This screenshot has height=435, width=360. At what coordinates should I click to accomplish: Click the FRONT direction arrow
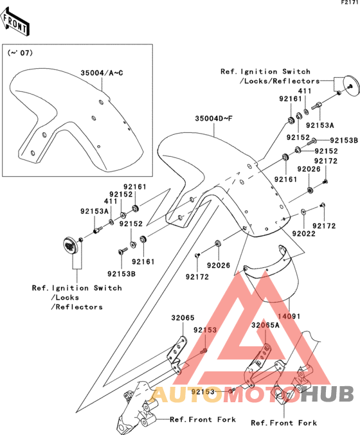coord(14,22)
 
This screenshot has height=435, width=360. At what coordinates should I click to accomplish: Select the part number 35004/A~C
coord(102,73)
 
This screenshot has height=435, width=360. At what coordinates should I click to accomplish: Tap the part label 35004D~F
coord(213,118)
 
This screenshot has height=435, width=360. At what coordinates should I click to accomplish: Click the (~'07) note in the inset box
coord(20,53)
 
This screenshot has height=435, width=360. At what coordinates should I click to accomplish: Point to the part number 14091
coord(289,316)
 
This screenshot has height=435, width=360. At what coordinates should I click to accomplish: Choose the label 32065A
coord(265,325)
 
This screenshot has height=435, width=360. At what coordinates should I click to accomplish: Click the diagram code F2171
coord(350,3)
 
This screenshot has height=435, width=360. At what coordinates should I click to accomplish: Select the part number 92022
coord(303,234)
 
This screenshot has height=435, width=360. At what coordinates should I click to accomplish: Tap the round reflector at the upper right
coord(352,86)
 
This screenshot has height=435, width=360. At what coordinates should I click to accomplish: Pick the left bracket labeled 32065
coord(177,355)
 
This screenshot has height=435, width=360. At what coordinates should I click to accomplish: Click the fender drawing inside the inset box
coord(76,120)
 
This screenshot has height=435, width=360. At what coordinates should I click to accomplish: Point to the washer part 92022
coord(303,212)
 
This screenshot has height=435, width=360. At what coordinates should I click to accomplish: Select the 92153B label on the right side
coord(344,140)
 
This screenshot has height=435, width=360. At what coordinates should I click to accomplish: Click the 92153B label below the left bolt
coord(122,274)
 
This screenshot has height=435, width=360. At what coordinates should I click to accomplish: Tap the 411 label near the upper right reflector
coord(305,91)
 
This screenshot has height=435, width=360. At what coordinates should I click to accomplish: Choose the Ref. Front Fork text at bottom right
coord(283,423)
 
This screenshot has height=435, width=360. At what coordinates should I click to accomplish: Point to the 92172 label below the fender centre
coord(197,276)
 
